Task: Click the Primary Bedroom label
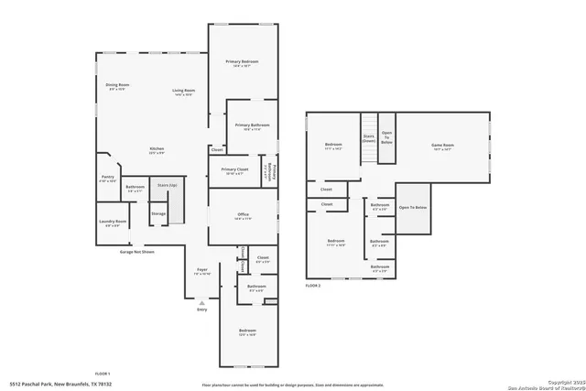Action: coord(243,63)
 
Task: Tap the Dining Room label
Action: coord(117,87)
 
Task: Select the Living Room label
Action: coord(184,92)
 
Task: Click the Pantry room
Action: coord(108,179)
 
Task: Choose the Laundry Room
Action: coord(113,222)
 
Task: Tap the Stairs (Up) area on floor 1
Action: coord(167,186)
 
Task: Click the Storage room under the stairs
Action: coord(158,213)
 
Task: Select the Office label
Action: coord(243,216)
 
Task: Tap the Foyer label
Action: coord(202,271)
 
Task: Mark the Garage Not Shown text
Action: coord(136,251)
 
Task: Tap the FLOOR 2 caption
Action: coord(314,287)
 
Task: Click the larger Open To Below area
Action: coord(413,209)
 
